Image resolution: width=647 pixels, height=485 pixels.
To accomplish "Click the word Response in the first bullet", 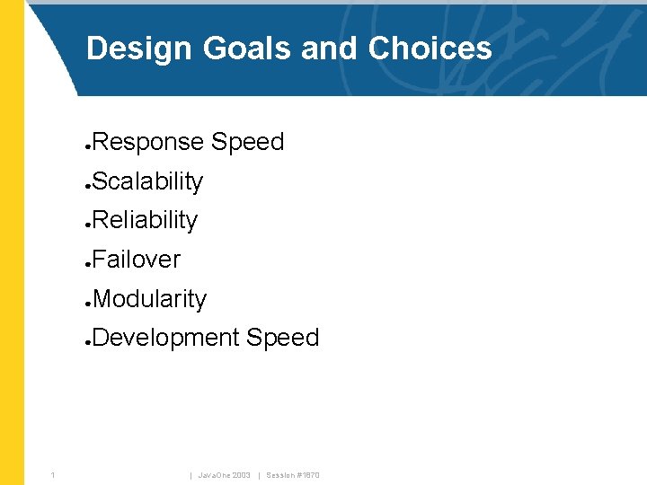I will [x=148, y=143].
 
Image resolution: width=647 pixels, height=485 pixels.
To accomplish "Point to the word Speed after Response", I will [x=248, y=143].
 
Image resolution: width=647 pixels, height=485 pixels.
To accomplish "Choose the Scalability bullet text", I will [x=147, y=181].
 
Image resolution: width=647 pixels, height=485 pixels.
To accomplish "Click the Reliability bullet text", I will [x=145, y=220].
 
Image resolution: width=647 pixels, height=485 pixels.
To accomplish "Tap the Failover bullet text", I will [x=137, y=260].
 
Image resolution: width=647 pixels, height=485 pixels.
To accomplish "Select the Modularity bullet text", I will [x=149, y=299].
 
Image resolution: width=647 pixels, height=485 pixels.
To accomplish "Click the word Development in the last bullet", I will [x=166, y=338].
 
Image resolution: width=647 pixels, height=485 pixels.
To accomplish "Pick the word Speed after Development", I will [x=283, y=338].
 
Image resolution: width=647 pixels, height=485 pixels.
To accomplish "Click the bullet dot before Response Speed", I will [x=87, y=145].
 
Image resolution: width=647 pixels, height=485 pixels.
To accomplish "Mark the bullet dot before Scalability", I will [x=87, y=184].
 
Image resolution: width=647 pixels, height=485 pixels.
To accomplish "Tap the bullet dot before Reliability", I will [x=87, y=224].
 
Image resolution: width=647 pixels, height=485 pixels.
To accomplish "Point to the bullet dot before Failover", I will [x=87, y=263].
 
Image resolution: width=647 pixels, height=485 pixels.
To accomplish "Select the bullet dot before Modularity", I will [x=87, y=302].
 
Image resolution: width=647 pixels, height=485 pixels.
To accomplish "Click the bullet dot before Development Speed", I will [x=87, y=341].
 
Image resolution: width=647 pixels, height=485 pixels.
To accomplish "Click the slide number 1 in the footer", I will [x=54, y=474].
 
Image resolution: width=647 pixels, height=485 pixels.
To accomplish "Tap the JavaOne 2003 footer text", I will [x=224, y=474].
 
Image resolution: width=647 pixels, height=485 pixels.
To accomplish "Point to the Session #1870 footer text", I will [x=293, y=474].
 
